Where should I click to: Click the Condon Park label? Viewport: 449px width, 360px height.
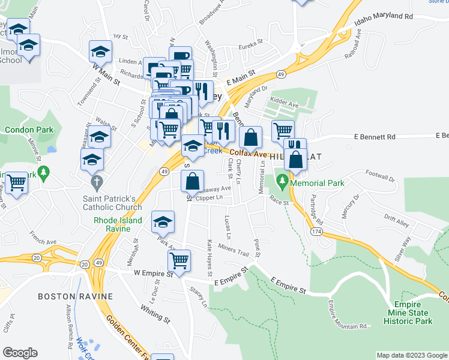coord(29,130)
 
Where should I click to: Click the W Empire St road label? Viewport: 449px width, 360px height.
coord(153,273)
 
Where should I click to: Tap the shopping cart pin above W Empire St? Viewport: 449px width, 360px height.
coord(179,260)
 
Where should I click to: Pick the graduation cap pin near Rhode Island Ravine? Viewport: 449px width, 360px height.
coord(162,222)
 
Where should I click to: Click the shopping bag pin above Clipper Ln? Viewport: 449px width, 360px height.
coord(193,181)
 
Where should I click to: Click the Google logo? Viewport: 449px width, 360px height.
coord(20,353)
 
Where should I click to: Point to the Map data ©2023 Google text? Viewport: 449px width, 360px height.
coord(411,355)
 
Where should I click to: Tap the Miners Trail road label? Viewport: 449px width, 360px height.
coord(233,251)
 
